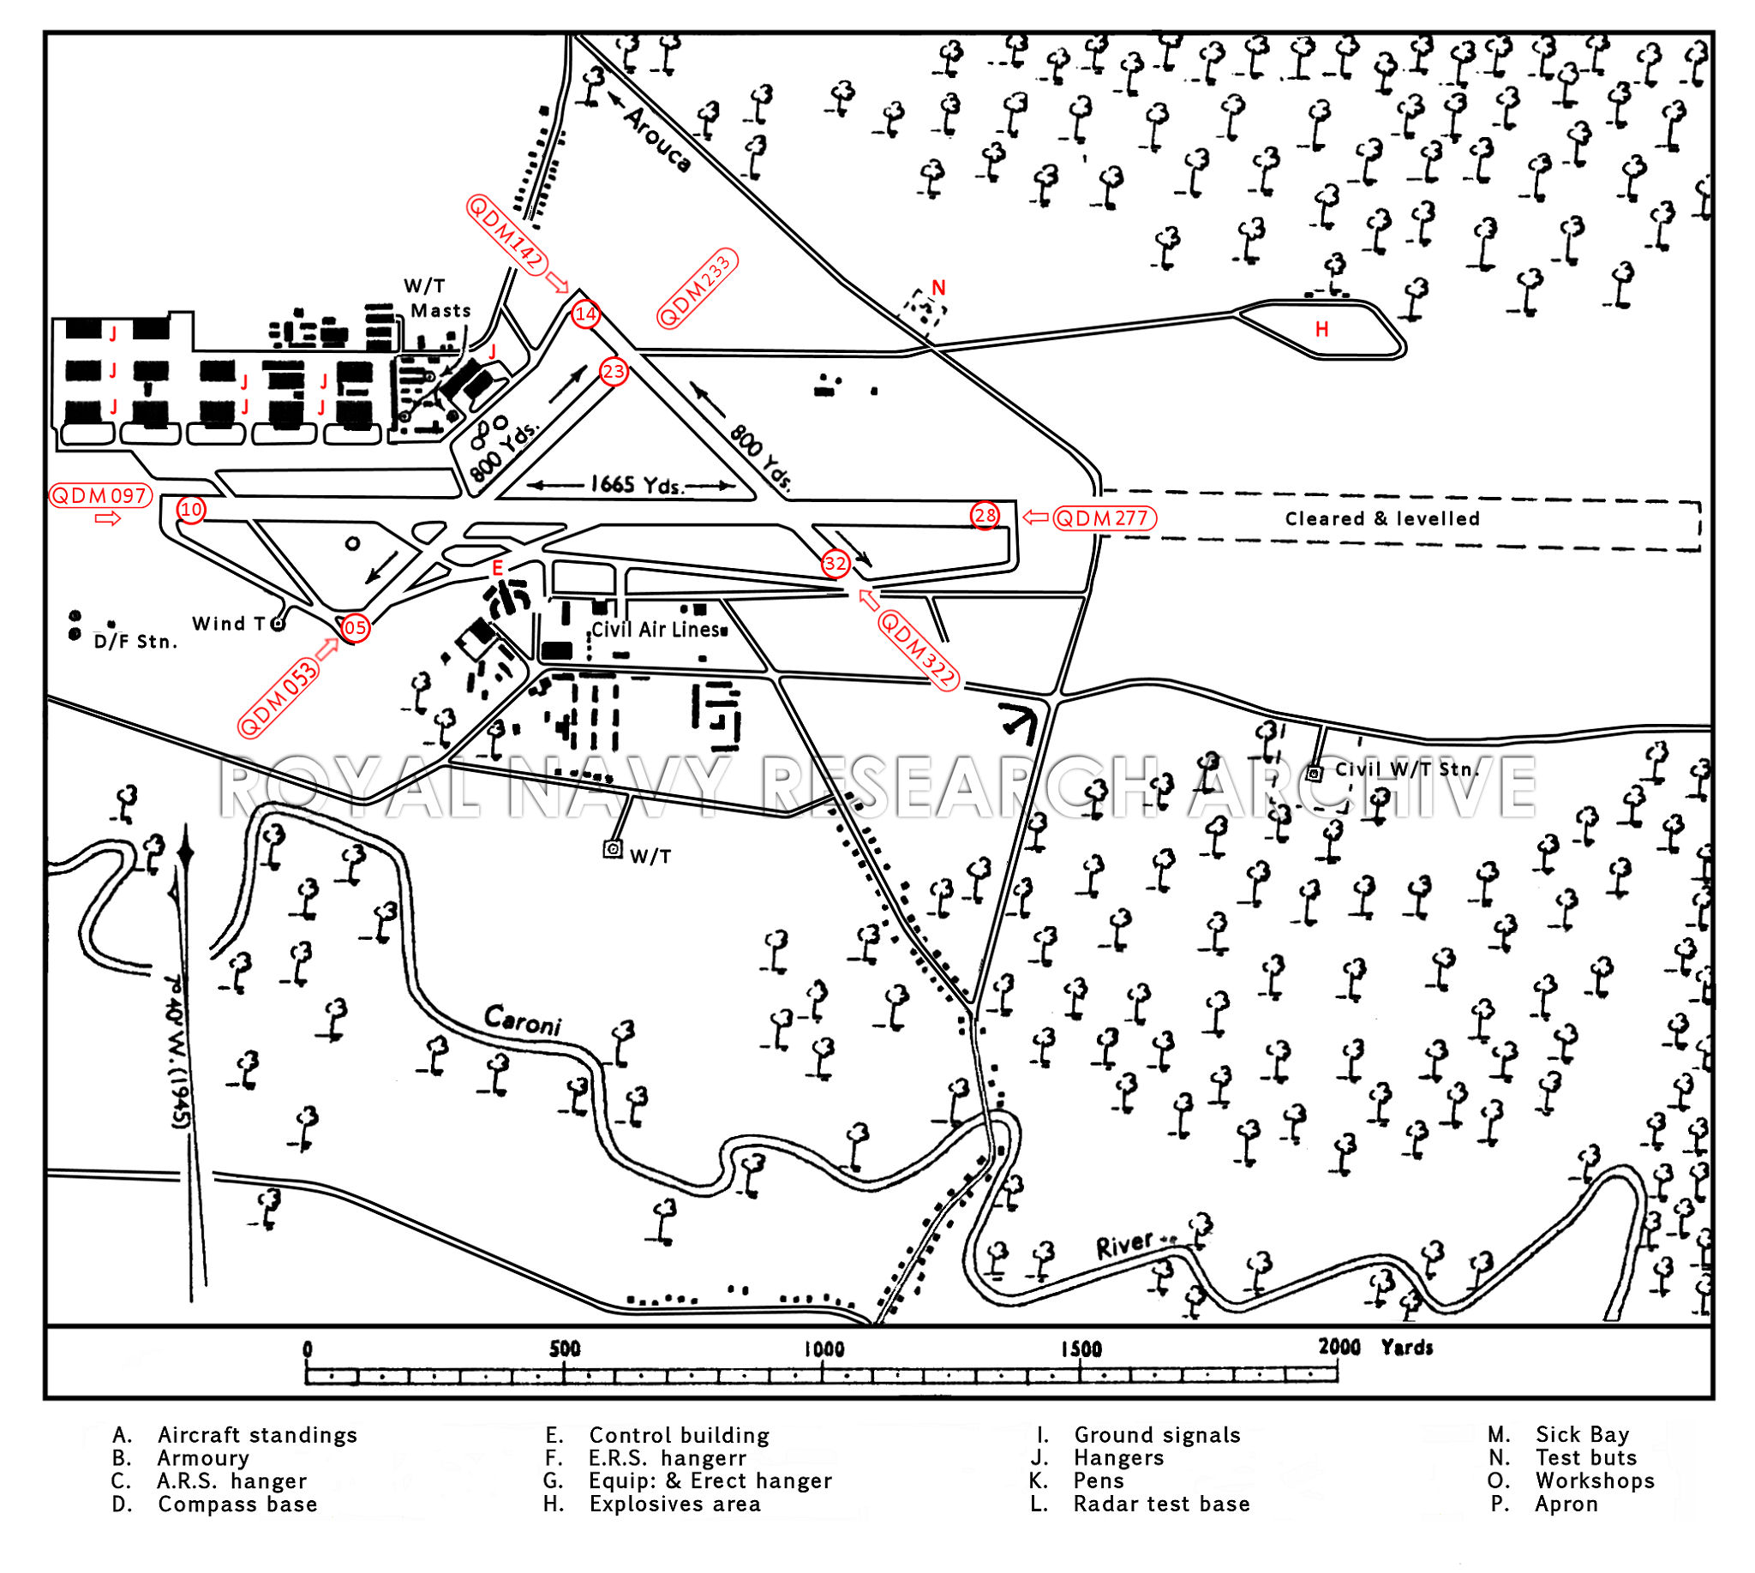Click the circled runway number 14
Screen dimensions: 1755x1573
[x=585, y=314]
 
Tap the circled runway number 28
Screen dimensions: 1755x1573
[x=985, y=516]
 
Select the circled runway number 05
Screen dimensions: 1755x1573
[x=356, y=627]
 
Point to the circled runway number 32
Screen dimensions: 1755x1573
[x=836, y=564]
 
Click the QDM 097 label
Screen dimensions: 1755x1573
[x=100, y=496]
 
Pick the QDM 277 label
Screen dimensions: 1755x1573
[x=1105, y=517]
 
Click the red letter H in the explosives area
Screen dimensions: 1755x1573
[x=1321, y=328]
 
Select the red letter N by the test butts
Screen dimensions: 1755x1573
[x=938, y=288]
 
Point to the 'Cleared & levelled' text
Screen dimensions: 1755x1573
[x=1381, y=518]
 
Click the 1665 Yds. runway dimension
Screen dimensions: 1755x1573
[x=637, y=484]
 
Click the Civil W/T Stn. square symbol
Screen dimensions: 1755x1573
[x=1314, y=774]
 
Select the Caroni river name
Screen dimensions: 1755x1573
[x=522, y=1020]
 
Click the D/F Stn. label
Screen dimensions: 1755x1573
[x=135, y=642]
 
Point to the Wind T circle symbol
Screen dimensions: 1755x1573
[x=278, y=624]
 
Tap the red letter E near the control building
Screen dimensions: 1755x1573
[x=497, y=568]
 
